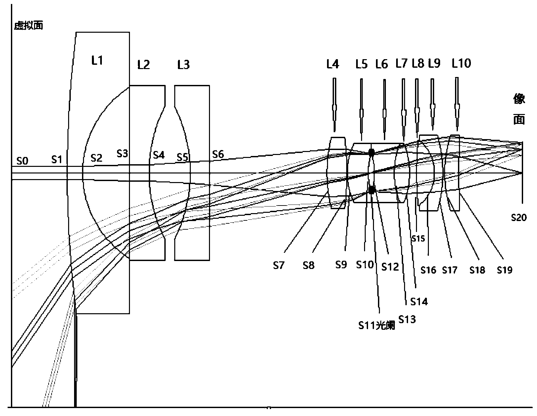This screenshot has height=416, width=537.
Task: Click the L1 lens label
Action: coord(97,60)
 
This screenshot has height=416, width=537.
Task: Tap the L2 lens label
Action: coord(144,65)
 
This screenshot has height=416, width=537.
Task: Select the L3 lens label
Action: coord(184,65)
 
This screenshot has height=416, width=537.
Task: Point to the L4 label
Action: coord(333,64)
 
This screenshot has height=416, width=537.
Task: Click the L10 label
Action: coord(461,63)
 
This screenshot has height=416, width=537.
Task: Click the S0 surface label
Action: coord(22,161)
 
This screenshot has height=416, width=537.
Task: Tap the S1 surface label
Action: coord(57,160)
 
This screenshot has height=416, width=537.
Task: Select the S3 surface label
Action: coord(122,154)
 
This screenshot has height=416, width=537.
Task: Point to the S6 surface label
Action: coord(218,154)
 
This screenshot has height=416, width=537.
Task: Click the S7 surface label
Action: coord(278,265)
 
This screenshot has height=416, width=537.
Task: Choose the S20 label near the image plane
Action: coord(519,217)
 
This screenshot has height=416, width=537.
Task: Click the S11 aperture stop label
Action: coord(377,326)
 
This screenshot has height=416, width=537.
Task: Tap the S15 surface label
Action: coord(418,239)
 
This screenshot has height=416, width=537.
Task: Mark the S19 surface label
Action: coord(505,270)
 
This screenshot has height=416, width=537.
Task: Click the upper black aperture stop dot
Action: coord(371,152)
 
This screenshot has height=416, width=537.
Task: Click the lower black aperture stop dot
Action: coord(372,190)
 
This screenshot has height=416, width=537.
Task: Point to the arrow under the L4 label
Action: coord(334,105)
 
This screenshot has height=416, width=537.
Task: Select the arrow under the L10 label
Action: coord(457,104)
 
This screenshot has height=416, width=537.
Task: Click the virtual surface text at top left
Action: coord(28,25)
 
